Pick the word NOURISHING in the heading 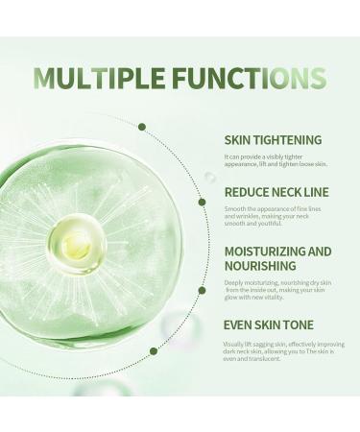[x=257, y=267]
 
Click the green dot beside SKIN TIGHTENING [x=142, y=127]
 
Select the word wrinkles [x=253, y=216]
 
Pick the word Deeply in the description [x=234, y=283]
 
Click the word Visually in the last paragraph [x=235, y=343]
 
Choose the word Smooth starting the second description [x=236, y=207]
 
